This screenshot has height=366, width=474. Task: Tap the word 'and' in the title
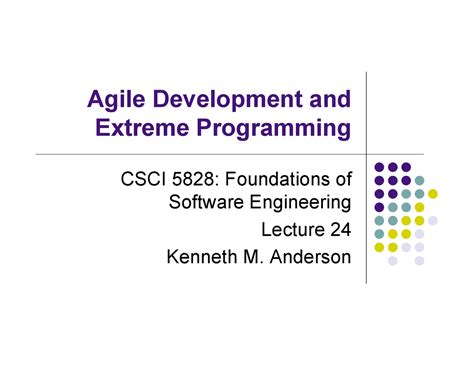(x=329, y=101)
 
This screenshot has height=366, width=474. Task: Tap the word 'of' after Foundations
(x=342, y=180)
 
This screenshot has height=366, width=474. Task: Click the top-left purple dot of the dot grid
(x=380, y=167)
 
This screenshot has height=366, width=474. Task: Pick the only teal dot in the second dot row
(x=419, y=181)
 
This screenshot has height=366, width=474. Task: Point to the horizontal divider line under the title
(x=200, y=155)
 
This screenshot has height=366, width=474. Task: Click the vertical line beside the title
(x=368, y=110)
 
